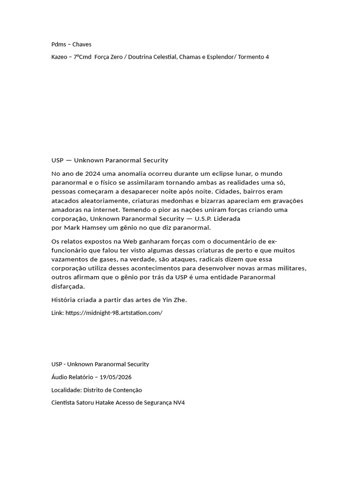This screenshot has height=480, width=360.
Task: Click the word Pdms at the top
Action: pos(59,45)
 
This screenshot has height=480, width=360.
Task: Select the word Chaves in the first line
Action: pos(82,45)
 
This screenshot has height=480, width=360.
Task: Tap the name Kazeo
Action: pos(59,57)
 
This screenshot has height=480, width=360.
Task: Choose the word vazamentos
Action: pos(70,259)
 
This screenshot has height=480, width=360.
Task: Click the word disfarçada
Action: pos(68,286)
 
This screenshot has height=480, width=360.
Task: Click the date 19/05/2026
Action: pos(118,377)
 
